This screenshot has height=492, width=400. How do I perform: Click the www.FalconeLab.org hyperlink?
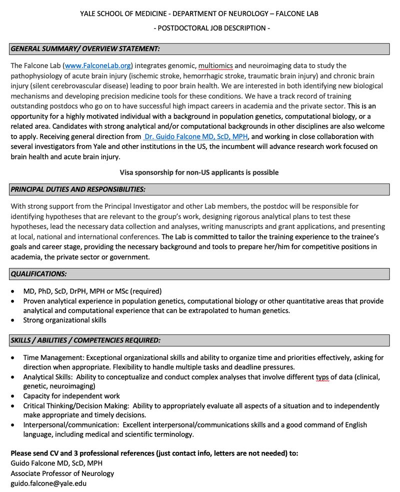(x=98, y=65)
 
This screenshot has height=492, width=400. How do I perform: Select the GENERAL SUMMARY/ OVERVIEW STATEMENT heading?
(x=85, y=49)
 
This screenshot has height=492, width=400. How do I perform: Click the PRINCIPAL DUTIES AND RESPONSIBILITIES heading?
(x=78, y=189)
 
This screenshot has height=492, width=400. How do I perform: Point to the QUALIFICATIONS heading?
(x=39, y=274)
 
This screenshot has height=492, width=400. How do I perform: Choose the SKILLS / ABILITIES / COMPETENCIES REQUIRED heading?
(x=85, y=340)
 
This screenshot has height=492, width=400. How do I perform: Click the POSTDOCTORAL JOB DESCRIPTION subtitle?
(x=211, y=28)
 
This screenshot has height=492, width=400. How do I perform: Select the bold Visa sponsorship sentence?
(x=199, y=172)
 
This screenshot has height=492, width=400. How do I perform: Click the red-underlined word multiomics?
(x=215, y=65)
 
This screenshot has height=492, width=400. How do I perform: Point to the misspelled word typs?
(x=322, y=377)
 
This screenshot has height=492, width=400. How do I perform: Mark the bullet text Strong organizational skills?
(x=65, y=320)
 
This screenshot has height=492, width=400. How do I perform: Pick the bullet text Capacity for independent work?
(x=71, y=396)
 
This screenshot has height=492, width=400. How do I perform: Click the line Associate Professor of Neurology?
(x=62, y=473)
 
